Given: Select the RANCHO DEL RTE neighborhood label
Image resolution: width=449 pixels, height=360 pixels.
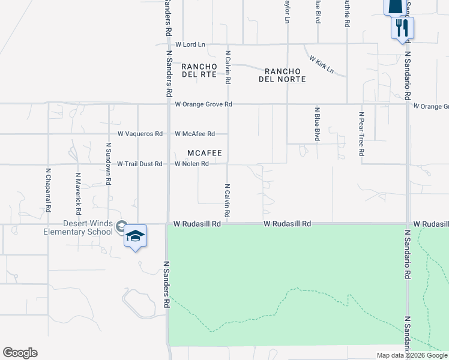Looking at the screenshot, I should [x=199, y=70].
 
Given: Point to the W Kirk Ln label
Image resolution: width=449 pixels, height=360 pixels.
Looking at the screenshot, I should [x=322, y=64].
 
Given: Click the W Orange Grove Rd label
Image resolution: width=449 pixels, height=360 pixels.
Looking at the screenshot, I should [x=203, y=104].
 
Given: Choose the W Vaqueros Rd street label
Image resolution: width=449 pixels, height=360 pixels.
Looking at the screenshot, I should [x=140, y=134].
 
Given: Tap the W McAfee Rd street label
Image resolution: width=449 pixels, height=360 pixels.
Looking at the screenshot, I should [x=194, y=134].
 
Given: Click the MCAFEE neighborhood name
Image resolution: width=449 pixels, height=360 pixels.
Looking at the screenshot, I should [x=205, y=153].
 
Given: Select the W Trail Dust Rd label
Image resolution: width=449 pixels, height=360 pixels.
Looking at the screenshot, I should [x=139, y=164].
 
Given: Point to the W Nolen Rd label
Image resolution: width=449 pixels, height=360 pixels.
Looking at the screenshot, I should [x=191, y=164].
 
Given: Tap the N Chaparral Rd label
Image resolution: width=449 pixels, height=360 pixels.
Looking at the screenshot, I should [x=47, y=188].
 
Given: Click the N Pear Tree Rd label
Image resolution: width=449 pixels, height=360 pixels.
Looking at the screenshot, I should [x=362, y=134].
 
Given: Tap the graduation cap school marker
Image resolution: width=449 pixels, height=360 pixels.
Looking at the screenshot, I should [x=136, y=236].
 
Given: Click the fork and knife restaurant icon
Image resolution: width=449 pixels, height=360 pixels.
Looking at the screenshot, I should [x=402, y=28].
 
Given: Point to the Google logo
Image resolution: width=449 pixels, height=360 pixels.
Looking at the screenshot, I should [x=20, y=353].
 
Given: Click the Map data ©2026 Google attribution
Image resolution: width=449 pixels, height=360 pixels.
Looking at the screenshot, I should [x=412, y=355].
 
